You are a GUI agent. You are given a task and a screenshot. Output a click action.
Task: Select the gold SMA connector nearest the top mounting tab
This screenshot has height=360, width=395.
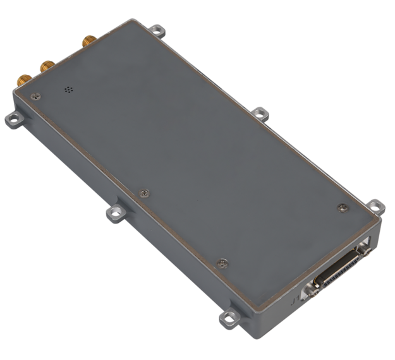tap(87, 42)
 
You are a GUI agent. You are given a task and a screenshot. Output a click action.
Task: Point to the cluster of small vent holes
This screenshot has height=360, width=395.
tap(67, 90)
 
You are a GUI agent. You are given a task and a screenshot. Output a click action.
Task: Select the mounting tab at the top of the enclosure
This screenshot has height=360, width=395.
tap(159, 30)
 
